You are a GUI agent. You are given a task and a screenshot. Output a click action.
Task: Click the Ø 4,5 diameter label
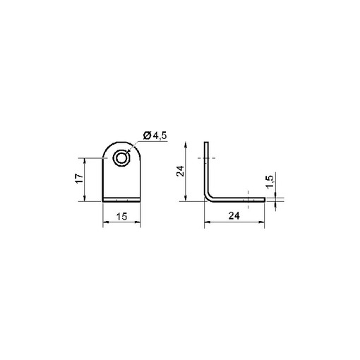pyautogui.click(x=155, y=136)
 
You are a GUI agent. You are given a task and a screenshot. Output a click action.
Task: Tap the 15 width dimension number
pyautogui.click(x=121, y=217)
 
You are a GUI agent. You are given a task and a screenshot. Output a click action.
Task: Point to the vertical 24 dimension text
pyautogui.click(x=181, y=171)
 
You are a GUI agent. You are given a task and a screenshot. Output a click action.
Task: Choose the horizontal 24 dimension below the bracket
pyautogui.click(x=234, y=216)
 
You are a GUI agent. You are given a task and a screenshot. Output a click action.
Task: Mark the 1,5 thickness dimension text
pyautogui.click(x=270, y=181)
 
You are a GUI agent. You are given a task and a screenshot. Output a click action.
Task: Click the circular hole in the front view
pyautogui.click(x=121, y=158)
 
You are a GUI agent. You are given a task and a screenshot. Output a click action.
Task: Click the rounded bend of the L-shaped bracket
pyautogui.click(x=208, y=197)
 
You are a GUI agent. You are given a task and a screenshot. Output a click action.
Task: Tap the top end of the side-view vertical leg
pyautogui.click(x=206, y=142)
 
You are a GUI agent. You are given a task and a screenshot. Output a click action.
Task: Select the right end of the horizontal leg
pyautogui.click(x=265, y=200)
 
